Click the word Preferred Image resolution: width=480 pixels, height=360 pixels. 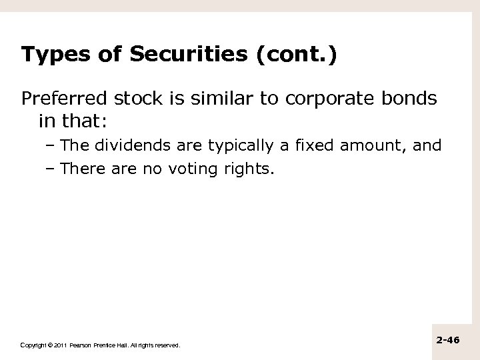pos(60,99)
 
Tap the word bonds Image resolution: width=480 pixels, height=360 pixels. pos(409,99)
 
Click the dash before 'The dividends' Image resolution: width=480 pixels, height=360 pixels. pos(52,146)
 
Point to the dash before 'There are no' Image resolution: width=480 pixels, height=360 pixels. pos(52,169)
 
